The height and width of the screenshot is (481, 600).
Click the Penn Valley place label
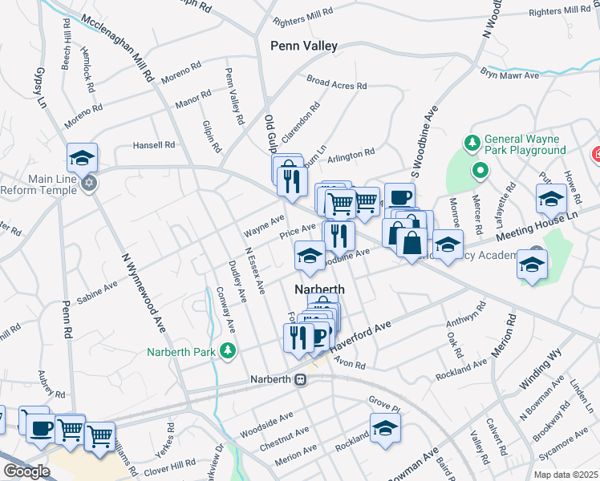click(304, 46)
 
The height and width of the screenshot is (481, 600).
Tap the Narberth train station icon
click(301, 380)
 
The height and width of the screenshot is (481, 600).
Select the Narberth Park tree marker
click(229, 350)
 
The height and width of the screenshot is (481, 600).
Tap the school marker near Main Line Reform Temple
click(82, 158)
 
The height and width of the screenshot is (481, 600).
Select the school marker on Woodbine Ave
click(310, 256)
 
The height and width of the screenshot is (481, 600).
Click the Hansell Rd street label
click(153, 145)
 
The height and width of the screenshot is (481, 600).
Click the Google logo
click(26, 471)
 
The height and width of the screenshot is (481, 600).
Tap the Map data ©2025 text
click(565, 475)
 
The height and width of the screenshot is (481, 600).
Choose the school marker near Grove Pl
click(385, 427)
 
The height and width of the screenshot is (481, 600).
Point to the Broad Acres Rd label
click(336, 83)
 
